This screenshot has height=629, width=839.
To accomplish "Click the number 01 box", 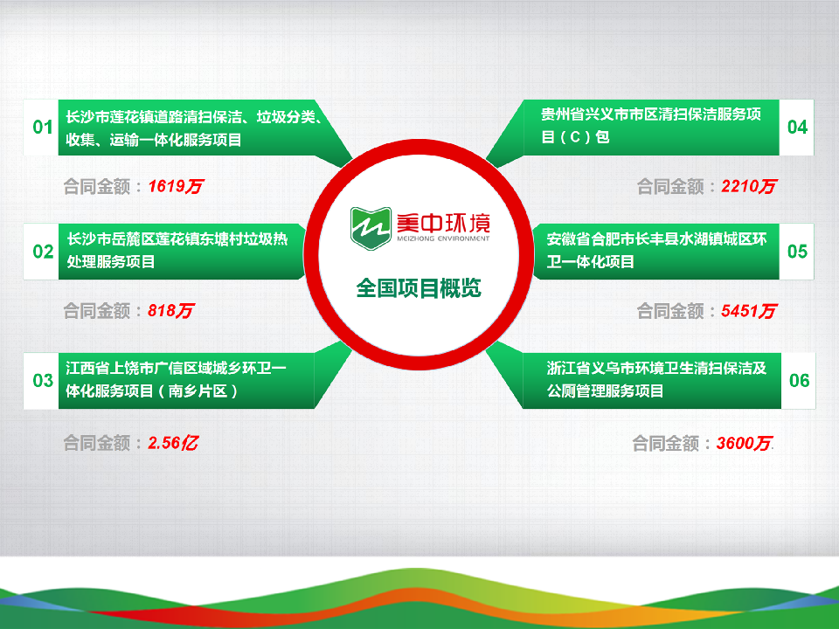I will coord(42,128).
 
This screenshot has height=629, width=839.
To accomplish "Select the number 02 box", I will coord(42,252).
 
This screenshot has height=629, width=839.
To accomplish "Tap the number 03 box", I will coord(42,380).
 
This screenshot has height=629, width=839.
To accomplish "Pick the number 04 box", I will coord(797,128).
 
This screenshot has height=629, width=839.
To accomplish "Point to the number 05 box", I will coord(797,252).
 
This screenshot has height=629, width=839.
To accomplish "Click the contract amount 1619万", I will coord(176,186).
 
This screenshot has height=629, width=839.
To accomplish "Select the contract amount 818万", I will coord(170,310).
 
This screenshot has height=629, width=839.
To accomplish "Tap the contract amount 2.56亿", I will coord(172,443).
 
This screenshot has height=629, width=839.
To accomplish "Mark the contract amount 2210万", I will coord(749,186).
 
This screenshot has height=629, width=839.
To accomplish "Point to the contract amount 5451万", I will coord(749,310).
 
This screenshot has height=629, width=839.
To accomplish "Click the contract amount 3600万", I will coord(744,444).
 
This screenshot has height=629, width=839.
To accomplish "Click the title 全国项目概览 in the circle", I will coord(419,288).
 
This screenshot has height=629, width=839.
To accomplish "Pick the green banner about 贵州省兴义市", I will coord(651,127).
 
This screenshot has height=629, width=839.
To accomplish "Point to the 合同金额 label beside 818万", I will coord(97,310).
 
